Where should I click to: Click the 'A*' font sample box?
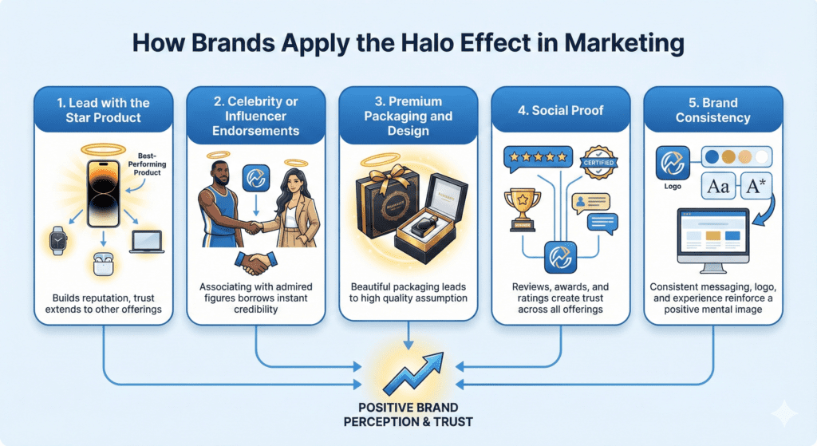[755, 188]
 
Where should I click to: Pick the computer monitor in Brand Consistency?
[712, 239]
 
